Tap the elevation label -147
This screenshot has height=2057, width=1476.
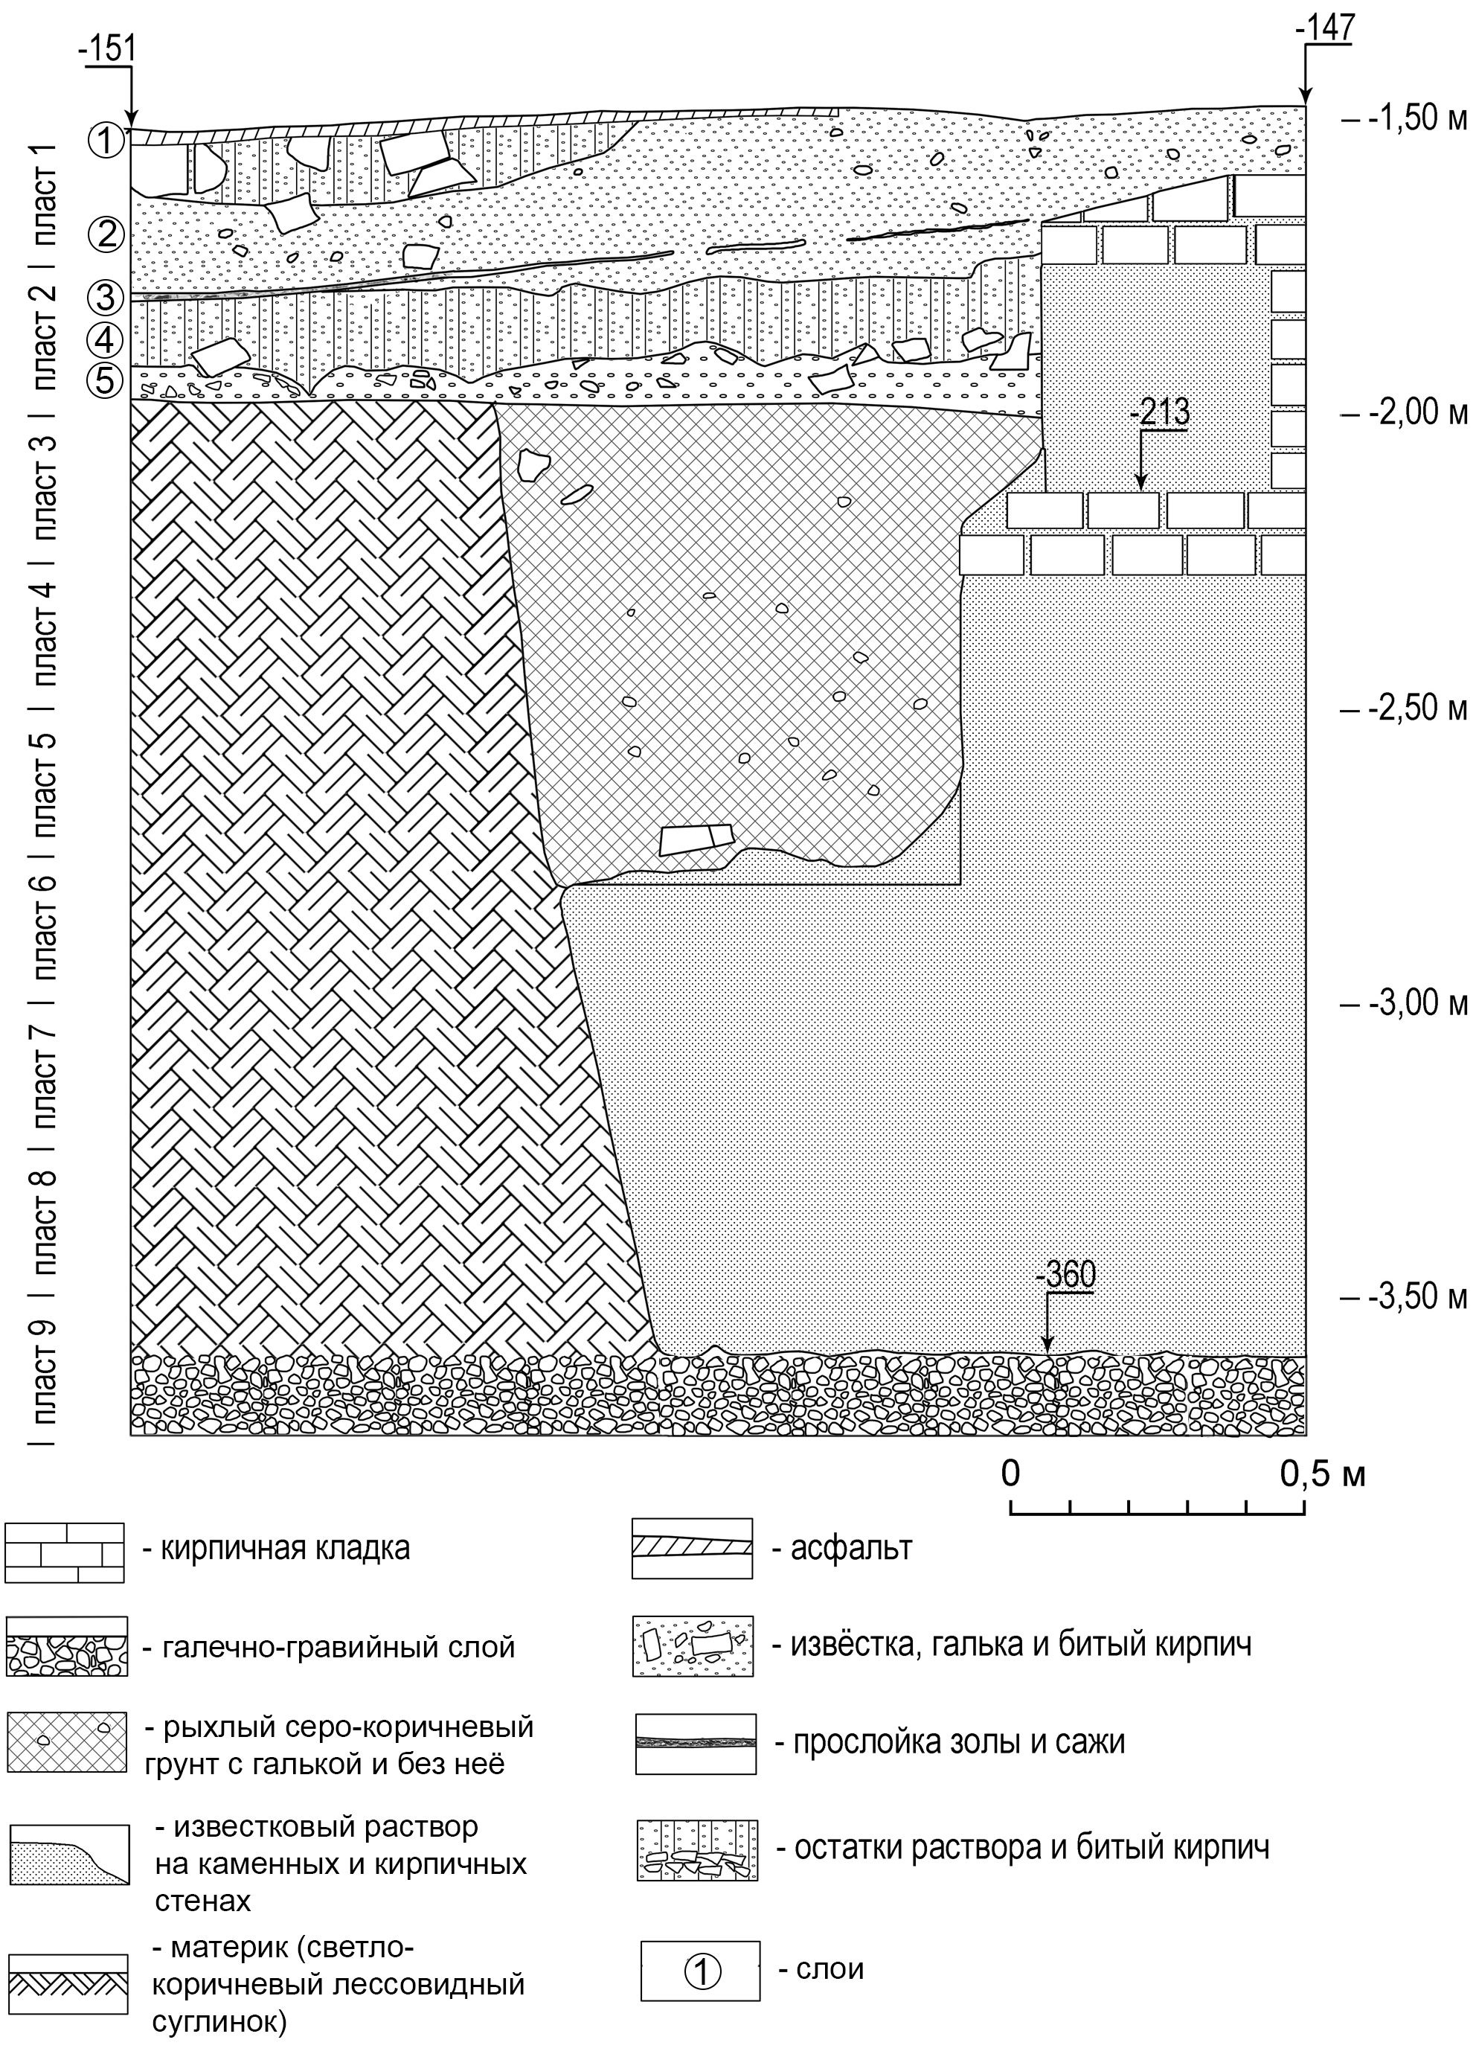(1326, 28)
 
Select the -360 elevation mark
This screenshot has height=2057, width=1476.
(1065, 1274)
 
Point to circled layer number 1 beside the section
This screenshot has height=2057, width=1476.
(106, 140)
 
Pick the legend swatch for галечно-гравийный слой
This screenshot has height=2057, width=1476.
(65, 1646)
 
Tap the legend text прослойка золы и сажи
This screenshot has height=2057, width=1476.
(959, 1742)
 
